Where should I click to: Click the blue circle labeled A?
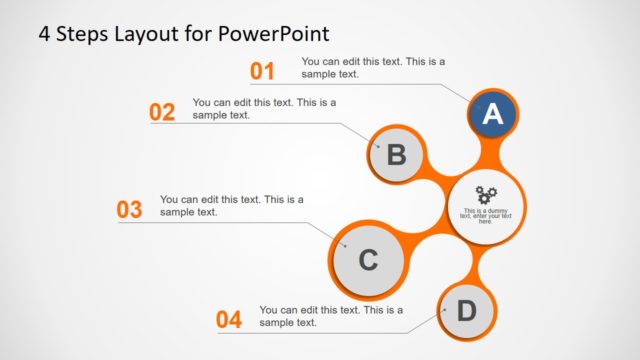tap(492, 115)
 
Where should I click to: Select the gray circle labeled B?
tap(396, 155)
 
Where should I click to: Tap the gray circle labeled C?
tap(367, 260)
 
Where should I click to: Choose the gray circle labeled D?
tap(466, 311)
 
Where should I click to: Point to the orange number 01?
tap(262, 71)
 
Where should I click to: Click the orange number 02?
tap(162, 112)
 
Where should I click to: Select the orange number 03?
tap(130, 210)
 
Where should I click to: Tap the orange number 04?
tap(229, 320)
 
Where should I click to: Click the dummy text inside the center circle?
tap(486, 215)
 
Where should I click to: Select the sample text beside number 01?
tap(373, 67)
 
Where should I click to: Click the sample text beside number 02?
tap(264, 108)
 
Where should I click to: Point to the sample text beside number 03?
tap(231, 205)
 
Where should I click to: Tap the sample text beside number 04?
tap(331, 316)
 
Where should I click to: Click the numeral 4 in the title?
tap(45, 32)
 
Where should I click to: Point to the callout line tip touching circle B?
tap(379, 146)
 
